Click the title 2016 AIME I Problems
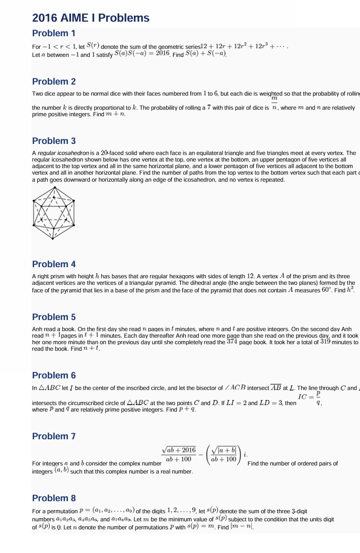(91, 18)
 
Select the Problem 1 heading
(54, 34)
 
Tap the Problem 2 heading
(54, 82)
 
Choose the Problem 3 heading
(54, 141)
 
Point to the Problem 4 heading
(54, 264)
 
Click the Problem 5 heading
(54, 317)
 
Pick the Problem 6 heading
(54, 375)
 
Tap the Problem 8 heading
(54, 498)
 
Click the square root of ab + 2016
(179, 449)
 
